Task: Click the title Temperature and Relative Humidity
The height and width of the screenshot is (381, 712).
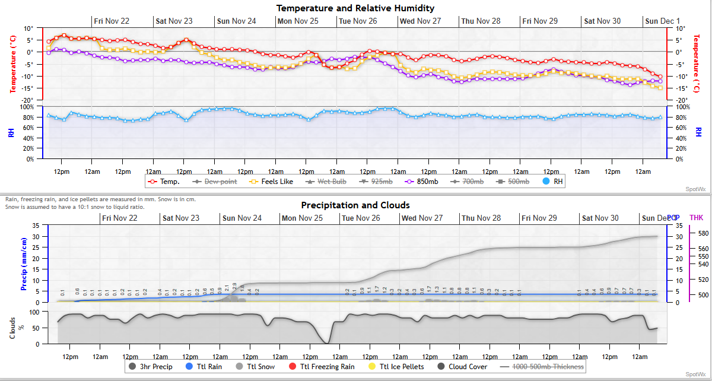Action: pos(355,8)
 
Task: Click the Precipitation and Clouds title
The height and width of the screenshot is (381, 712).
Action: pos(355,205)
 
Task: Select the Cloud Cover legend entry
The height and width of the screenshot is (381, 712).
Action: pos(463,367)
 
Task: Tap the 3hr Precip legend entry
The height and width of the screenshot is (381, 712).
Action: pos(151,367)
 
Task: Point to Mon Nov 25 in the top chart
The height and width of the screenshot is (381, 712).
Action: pos(298,21)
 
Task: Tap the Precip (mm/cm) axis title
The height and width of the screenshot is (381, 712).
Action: pos(24,263)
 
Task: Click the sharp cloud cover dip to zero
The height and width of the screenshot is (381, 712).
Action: pos(326,342)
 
